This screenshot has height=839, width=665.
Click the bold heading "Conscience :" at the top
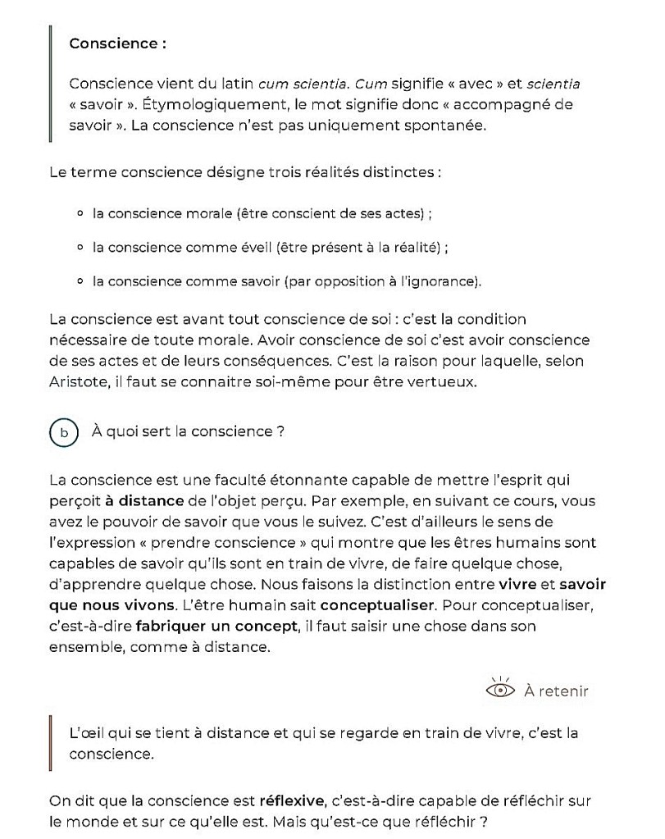(x=118, y=43)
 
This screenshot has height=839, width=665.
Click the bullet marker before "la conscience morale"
(x=80, y=214)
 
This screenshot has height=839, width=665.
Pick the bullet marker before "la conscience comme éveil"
(x=80, y=248)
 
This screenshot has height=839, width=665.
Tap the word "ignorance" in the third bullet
(x=446, y=281)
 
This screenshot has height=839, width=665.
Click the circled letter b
(x=63, y=432)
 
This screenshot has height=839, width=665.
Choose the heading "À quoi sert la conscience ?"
(x=188, y=432)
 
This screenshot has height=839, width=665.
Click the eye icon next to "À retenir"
(x=500, y=690)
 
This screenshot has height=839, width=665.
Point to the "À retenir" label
(x=556, y=691)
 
